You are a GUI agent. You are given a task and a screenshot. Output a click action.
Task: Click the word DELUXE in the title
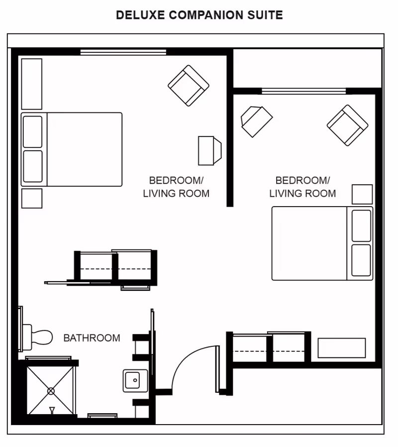(140, 15)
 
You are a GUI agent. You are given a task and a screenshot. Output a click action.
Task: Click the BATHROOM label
(92, 338)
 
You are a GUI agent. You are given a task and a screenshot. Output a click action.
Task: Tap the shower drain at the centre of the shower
(51, 391)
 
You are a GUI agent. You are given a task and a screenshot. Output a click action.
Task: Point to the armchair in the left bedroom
(188, 86)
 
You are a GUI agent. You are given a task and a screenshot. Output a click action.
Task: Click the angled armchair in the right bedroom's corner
(347, 125)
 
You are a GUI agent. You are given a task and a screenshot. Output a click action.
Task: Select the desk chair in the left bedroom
(209, 150)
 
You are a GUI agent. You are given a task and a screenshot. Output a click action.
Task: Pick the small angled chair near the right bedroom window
(256, 120)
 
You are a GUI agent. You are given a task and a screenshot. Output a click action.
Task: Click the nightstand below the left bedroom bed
(32, 198)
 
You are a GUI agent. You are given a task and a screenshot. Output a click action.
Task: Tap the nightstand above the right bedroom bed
(362, 194)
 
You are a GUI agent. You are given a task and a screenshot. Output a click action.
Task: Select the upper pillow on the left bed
(33, 132)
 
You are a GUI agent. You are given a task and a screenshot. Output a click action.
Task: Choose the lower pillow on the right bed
(361, 260)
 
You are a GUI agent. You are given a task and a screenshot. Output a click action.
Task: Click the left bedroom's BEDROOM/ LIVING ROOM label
(176, 187)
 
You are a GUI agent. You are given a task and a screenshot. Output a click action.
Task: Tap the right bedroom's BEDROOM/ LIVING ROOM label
(302, 187)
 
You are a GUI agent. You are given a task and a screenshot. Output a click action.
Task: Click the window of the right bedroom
(304, 91)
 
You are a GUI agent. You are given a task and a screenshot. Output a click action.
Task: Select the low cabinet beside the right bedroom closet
(342, 348)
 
